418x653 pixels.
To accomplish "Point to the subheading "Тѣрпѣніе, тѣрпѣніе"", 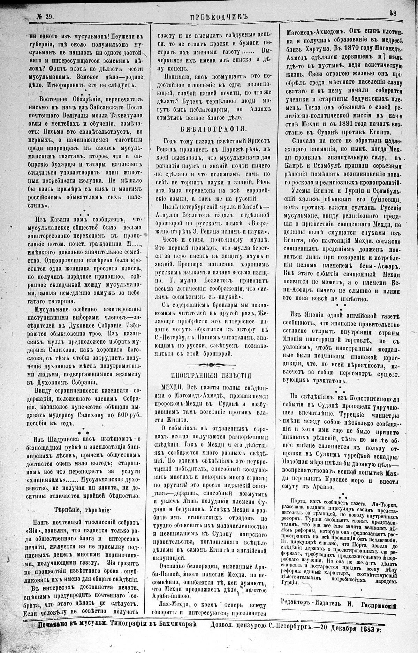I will (82, 509).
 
